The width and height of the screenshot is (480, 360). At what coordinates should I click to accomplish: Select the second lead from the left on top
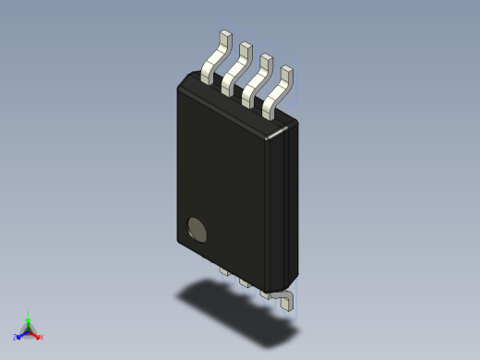pyautogui.click(x=236, y=68)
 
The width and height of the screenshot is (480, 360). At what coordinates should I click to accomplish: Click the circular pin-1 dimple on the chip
pyautogui.click(x=198, y=229)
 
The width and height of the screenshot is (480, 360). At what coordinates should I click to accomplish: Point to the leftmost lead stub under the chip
pyautogui.click(x=223, y=272)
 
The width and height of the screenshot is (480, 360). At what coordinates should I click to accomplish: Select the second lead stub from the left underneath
pyautogui.click(x=244, y=282)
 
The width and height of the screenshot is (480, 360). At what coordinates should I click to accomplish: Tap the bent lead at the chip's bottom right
pyautogui.click(x=287, y=298)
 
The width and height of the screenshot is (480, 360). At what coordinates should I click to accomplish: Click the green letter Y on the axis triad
pyautogui.click(x=29, y=313)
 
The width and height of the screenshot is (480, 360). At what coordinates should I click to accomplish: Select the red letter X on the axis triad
pyautogui.click(x=41, y=337)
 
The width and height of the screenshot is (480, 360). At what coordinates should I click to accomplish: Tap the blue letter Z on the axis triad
pyautogui.click(x=16, y=338)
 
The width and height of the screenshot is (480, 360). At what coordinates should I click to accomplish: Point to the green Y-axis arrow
pyautogui.click(x=29, y=323)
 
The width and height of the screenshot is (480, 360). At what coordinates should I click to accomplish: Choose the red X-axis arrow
pyautogui.click(x=35, y=334)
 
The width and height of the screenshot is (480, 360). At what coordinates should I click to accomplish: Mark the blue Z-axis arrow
pyautogui.click(x=22, y=334)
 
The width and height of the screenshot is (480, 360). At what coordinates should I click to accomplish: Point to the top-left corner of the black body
pyautogui.click(x=180, y=85)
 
